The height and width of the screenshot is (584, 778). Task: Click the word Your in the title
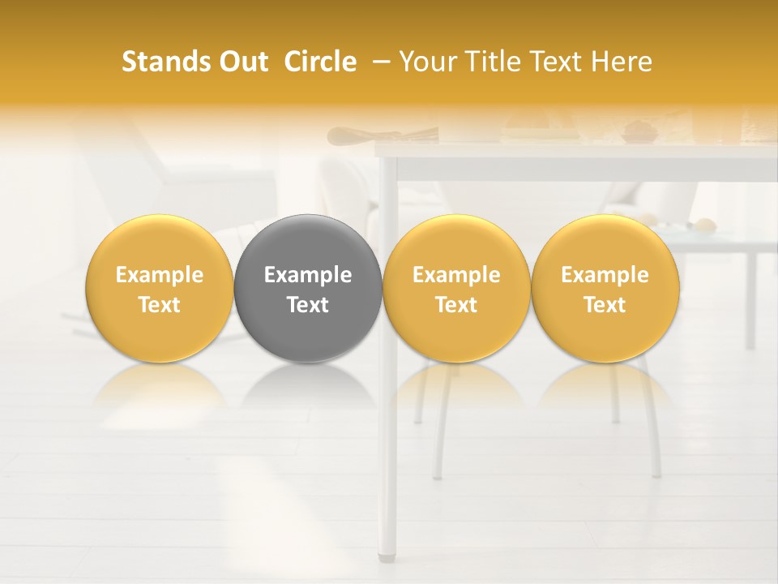[426, 62]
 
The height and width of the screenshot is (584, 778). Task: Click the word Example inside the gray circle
[308, 275]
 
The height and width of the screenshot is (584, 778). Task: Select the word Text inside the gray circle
[308, 305]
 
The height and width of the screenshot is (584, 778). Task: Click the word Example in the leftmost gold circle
[160, 275]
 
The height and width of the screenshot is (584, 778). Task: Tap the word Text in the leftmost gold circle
[160, 305]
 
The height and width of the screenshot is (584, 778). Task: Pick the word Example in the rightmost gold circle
[605, 275]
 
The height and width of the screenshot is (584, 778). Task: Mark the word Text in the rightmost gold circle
[605, 305]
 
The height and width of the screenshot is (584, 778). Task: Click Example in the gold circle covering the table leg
[456, 275]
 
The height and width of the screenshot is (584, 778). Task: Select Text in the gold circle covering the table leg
[456, 305]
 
